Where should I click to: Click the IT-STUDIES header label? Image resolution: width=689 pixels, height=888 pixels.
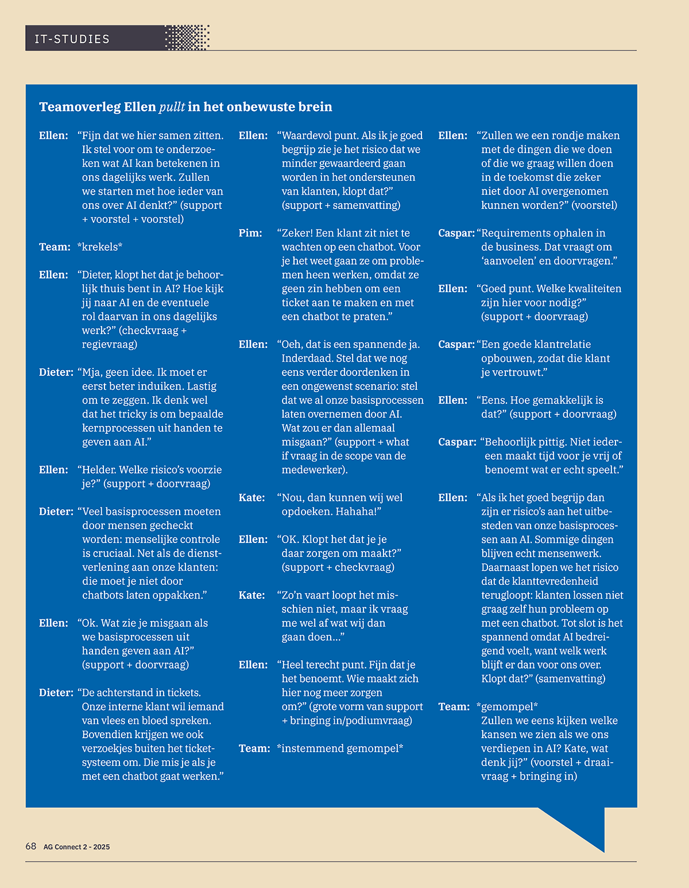(72, 39)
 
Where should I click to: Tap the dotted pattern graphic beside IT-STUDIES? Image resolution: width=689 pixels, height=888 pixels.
(187, 38)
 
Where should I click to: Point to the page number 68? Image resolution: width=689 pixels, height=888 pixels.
(31, 846)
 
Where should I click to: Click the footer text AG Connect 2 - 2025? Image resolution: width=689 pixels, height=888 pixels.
(76, 847)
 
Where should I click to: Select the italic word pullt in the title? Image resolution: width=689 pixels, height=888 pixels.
(172, 107)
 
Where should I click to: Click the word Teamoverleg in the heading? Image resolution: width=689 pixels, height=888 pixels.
(80, 107)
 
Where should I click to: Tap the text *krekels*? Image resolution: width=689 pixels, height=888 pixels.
(100, 247)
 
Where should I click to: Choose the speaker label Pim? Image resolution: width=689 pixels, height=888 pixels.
(250, 233)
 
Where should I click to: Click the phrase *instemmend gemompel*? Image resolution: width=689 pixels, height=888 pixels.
(340, 749)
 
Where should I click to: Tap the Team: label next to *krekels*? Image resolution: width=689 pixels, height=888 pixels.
(55, 247)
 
